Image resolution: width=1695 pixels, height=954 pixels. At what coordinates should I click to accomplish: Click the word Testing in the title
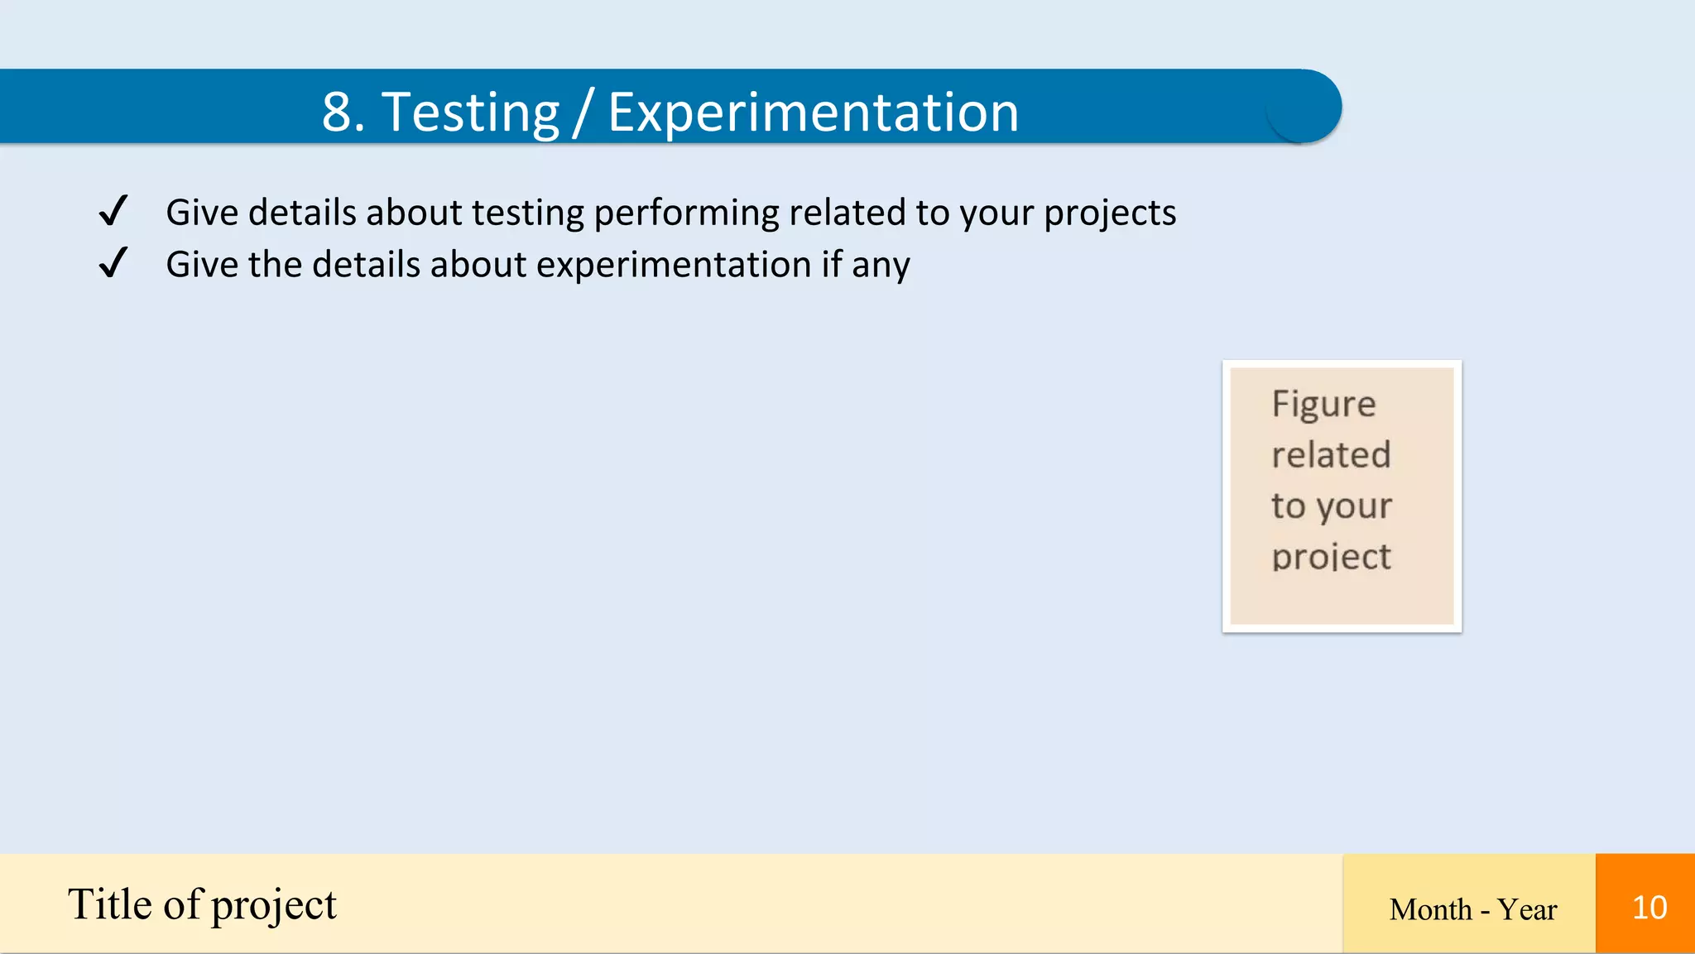[470, 113]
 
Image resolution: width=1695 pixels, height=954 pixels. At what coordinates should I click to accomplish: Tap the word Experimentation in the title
[813, 113]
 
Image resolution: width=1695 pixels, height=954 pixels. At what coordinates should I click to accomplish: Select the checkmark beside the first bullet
[113, 211]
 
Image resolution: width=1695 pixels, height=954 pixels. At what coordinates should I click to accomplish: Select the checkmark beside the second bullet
[113, 263]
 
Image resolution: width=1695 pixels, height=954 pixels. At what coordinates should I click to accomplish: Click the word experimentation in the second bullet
[674, 266]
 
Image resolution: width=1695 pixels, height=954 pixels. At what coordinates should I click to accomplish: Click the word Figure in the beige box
[1323, 405]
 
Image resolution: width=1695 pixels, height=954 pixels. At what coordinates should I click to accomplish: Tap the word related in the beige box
[1331, 455]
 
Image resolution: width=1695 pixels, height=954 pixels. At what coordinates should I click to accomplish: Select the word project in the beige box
[1331, 557]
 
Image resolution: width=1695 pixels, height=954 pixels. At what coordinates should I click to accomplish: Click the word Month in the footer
[1430, 909]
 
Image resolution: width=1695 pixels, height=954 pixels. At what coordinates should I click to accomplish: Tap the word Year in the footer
[1527, 909]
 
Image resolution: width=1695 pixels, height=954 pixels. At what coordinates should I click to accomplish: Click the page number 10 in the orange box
[1649, 908]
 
